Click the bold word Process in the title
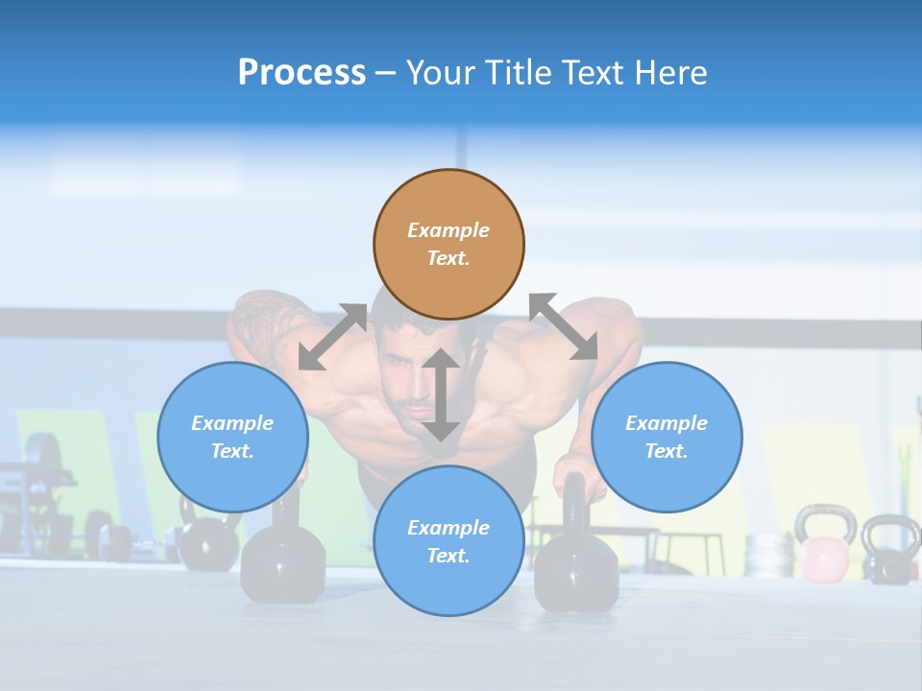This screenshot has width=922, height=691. point(302,73)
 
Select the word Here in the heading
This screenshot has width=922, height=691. point(670,73)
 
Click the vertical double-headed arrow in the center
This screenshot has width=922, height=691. point(441,394)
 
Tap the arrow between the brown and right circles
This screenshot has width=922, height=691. point(563,326)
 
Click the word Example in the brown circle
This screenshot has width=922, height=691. point(449,230)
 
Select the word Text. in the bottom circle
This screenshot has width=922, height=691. point(449,556)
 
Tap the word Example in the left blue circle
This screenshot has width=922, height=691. point(232,423)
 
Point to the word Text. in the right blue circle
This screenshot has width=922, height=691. point(667,451)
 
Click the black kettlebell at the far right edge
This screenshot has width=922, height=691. point(891,550)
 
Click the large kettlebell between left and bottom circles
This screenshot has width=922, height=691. point(282,561)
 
